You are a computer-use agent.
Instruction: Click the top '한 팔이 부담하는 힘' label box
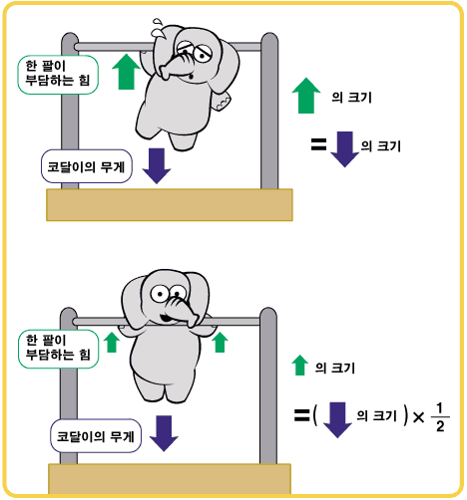[x=58, y=75]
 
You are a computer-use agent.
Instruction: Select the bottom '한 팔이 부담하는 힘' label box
[x=58, y=349]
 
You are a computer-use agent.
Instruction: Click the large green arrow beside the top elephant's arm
[x=127, y=72]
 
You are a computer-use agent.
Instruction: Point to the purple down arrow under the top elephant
[x=157, y=165]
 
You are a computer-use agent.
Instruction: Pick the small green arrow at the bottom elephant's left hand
[x=112, y=343]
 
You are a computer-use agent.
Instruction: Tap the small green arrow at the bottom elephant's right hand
[x=220, y=343]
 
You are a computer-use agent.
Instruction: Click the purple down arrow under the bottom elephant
[x=164, y=433]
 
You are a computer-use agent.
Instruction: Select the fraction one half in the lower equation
[x=440, y=417]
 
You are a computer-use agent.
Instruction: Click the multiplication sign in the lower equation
[x=419, y=417]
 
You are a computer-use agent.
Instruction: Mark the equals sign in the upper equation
[x=318, y=144]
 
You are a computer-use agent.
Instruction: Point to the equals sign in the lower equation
[x=301, y=415]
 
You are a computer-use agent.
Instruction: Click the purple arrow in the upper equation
[x=345, y=149]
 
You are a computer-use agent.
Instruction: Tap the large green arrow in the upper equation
[x=306, y=96]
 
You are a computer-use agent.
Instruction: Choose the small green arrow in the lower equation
[x=299, y=366]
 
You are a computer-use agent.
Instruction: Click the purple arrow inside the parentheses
[x=337, y=420]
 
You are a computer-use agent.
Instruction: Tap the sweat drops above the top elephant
[x=158, y=28]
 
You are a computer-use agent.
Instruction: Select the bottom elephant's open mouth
[x=166, y=318]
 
